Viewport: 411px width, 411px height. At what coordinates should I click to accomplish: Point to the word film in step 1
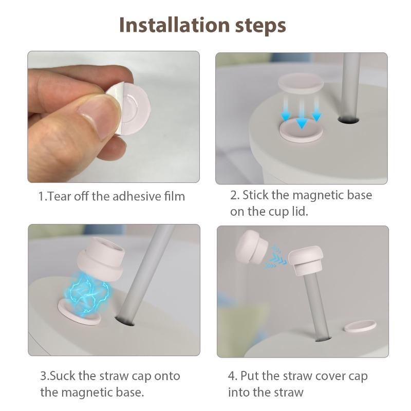coord(174,196)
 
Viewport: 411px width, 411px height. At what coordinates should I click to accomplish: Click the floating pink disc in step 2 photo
coord(301,83)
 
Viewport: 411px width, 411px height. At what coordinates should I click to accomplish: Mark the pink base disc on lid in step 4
coord(360,325)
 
